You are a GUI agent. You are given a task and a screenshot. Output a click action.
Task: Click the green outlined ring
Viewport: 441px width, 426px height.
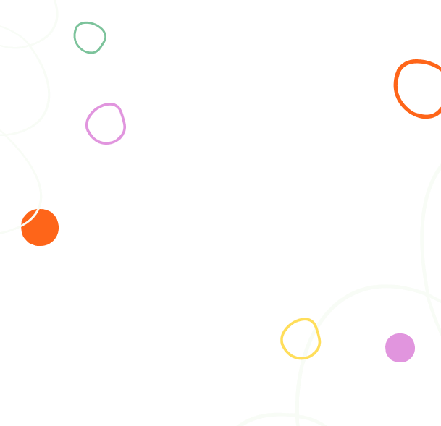[75, 33]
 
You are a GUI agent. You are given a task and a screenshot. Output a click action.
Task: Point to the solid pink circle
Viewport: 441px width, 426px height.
[400, 348]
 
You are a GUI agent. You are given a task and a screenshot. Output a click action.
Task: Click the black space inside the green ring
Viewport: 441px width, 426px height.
[90, 38]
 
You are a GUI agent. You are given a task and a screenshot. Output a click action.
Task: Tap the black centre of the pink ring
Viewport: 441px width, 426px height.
[106, 124]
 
